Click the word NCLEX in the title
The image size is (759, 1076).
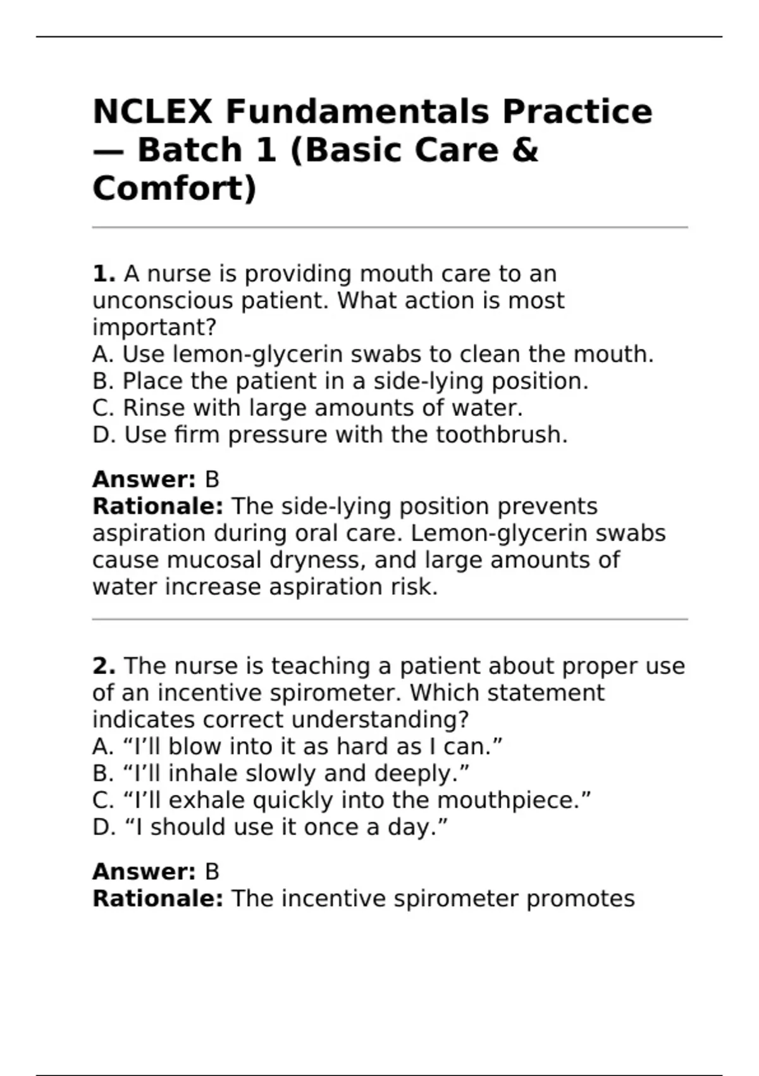[x=152, y=111]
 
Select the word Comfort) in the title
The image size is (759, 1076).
[x=175, y=189]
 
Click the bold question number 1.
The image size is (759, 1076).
[x=104, y=274]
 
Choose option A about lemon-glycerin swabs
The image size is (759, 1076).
[x=373, y=354]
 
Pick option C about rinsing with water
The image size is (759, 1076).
[x=307, y=408]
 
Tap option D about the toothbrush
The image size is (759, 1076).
[x=330, y=435]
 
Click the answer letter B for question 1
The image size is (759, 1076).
[x=212, y=479]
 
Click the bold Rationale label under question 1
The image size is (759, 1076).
[x=157, y=506]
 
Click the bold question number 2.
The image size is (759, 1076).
[x=104, y=666]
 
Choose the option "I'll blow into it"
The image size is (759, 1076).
[x=297, y=747]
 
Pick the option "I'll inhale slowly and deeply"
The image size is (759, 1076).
[x=281, y=773]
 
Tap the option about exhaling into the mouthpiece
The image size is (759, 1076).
[x=342, y=800]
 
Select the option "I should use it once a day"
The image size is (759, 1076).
[x=270, y=827]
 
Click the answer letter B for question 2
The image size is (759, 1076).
[x=212, y=872]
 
